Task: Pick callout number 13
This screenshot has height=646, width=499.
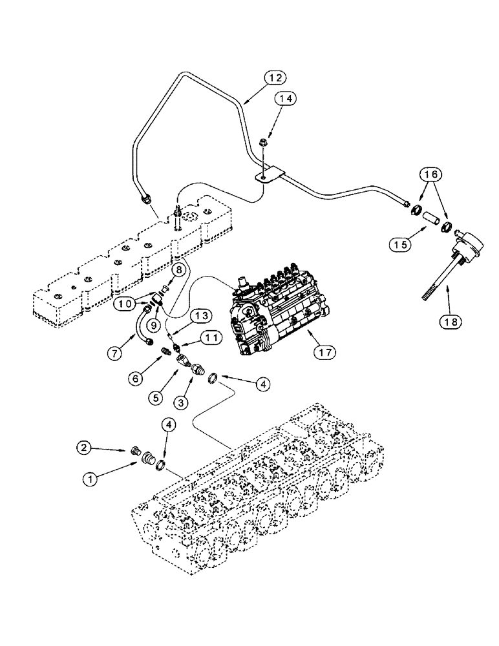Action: pos(202,315)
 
